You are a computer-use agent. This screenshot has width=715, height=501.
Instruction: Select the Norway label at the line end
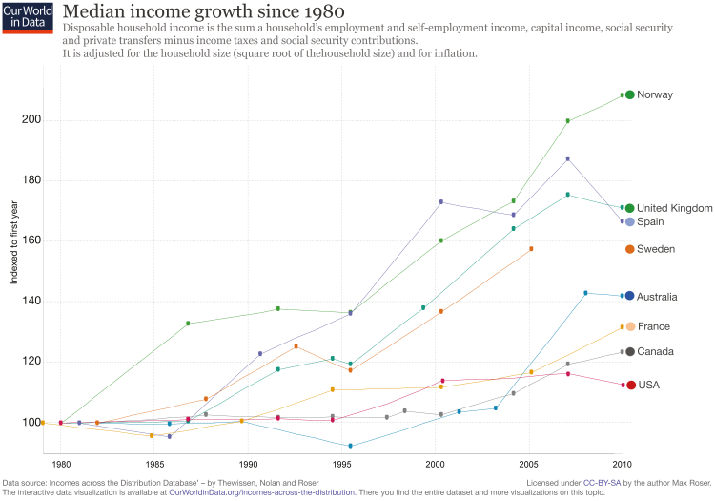click(655, 94)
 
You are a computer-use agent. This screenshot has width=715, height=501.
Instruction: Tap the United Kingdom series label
click(674, 208)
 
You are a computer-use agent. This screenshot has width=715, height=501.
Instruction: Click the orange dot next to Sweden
click(630, 249)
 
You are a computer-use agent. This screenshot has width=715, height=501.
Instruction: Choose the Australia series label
click(657, 296)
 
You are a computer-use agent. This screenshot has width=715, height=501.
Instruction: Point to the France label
click(653, 326)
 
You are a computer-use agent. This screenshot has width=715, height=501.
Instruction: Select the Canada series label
click(655, 351)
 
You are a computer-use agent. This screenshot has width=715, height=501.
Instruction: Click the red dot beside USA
click(630, 385)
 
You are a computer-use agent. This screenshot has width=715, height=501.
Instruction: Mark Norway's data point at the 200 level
click(568, 120)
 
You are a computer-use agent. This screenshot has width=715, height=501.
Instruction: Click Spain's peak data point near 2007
click(568, 158)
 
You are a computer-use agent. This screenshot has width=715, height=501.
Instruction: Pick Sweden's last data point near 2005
click(531, 249)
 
